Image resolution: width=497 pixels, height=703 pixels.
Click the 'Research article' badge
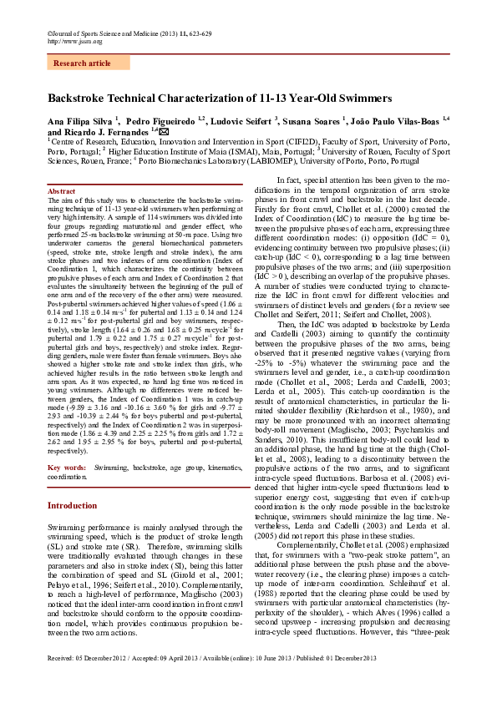click(x=82, y=63)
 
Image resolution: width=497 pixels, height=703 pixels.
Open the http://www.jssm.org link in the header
click(x=75, y=41)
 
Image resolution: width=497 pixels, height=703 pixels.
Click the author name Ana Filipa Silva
click(x=80, y=121)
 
